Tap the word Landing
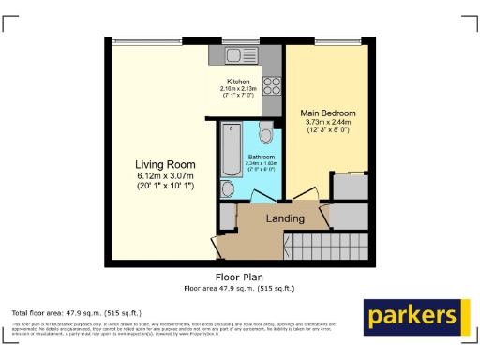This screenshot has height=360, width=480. [285, 218]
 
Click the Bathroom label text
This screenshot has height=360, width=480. [261, 157]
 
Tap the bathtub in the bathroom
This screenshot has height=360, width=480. [231, 150]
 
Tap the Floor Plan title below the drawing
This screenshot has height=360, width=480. [239, 277]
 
